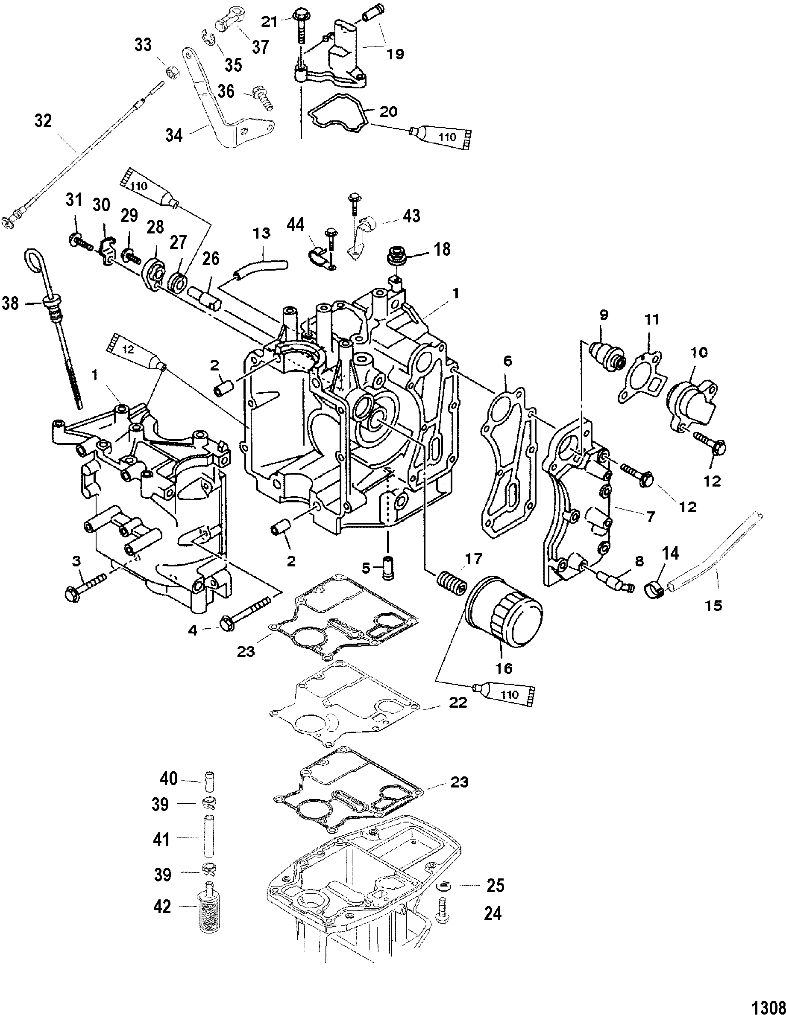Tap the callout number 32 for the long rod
(43, 121)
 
